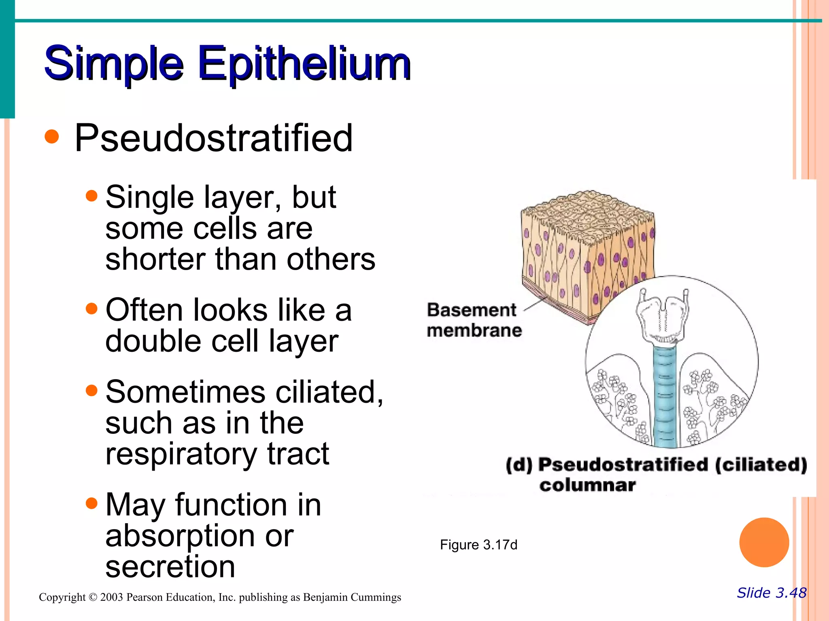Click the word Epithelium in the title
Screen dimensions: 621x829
point(304,64)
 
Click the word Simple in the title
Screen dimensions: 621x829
point(114,64)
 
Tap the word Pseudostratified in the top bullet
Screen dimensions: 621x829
point(213,138)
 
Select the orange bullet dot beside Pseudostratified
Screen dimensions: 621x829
point(52,137)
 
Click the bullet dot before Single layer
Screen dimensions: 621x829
point(92,196)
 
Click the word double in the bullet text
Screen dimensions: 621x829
point(153,341)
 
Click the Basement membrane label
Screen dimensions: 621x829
point(474,320)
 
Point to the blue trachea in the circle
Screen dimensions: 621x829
point(665,396)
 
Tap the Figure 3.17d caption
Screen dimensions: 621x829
point(478,545)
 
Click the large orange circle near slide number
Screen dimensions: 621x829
point(764,542)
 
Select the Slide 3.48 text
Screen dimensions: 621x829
point(772,593)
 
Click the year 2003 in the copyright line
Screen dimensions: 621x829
point(111,597)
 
